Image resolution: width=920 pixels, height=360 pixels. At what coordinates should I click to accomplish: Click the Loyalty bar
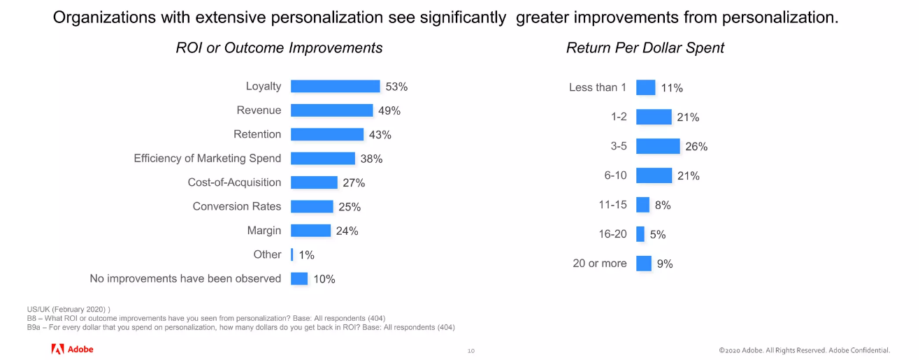click(x=335, y=87)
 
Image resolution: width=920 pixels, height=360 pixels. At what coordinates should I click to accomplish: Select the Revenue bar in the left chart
click(x=331, y=110)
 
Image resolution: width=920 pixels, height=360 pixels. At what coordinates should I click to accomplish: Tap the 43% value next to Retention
click(x=380, y=135)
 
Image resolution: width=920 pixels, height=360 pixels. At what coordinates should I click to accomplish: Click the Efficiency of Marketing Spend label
click(x=208, y=159)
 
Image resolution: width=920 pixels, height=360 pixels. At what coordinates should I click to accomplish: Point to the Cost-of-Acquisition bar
click(x=314, y=182)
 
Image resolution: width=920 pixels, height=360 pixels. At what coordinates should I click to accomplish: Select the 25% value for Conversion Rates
click(x=350, y=207)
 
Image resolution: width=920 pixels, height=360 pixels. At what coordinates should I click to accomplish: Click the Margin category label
click(x=264, y=231)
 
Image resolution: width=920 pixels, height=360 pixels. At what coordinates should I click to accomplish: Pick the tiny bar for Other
click(x=292, y=255)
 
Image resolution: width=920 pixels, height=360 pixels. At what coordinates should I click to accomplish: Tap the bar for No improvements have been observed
click(x=299, y=279)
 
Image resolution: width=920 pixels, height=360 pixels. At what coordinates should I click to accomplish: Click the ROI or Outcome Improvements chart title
click(x=279, y=48)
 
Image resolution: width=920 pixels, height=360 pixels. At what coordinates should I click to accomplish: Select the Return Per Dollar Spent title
click(x=645, y=48)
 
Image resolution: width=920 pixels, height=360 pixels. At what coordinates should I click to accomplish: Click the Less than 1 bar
click(x=645, y=87)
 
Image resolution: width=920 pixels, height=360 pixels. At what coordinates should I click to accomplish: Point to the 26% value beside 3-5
click(x=696, y=147)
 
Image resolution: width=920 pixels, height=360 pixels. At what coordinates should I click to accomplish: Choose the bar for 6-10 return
click(x=654, y=175)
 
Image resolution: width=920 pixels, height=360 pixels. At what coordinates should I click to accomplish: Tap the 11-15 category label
click(x=612, y=205)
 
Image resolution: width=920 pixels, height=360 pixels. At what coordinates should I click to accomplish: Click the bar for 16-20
click(x=640, y=234)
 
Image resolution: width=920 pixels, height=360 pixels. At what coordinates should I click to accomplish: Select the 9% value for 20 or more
click(x=665, y=264)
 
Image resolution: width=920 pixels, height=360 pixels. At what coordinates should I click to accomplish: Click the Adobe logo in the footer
click(x=72, y=349)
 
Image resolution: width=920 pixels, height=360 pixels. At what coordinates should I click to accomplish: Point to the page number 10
click(x=471, y=350)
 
